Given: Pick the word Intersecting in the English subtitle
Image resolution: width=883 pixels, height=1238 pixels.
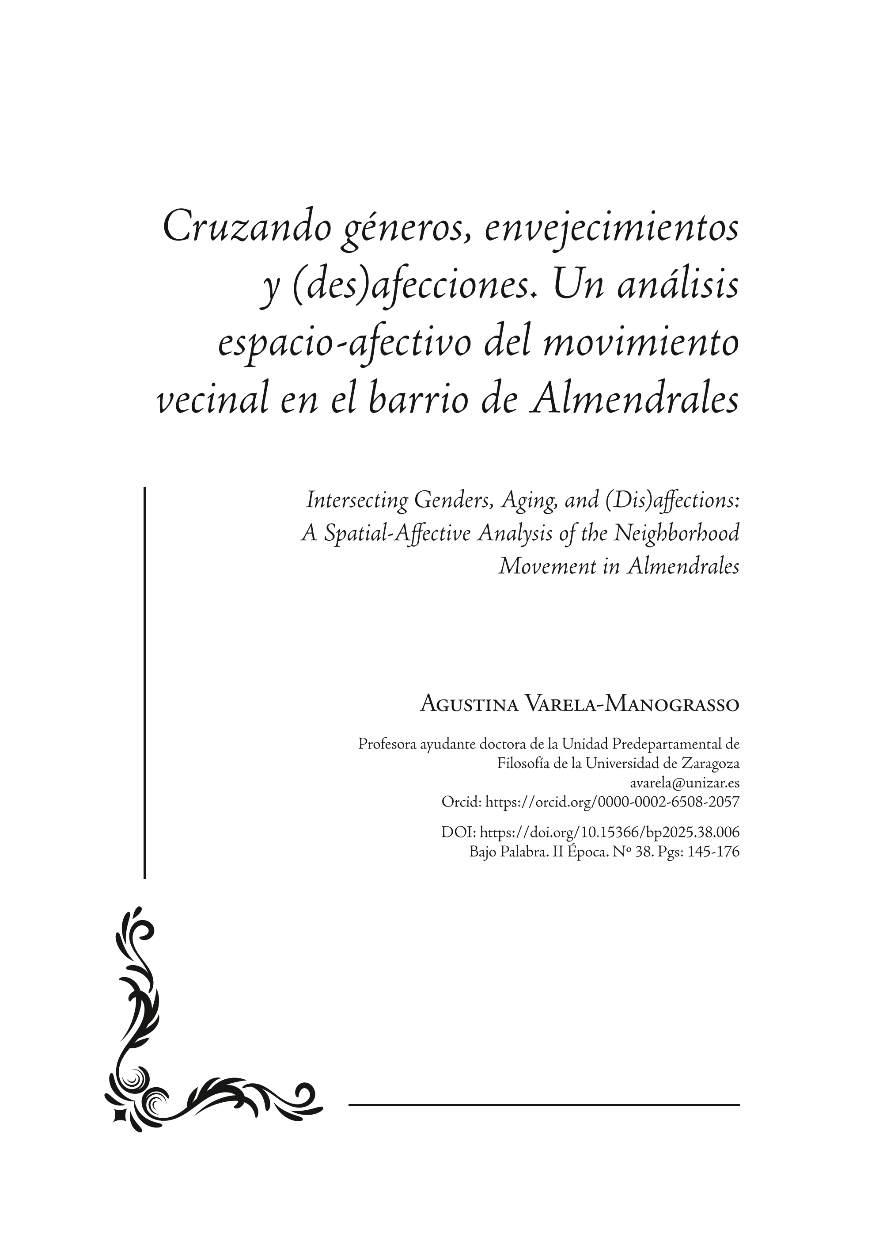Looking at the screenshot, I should [356, 500].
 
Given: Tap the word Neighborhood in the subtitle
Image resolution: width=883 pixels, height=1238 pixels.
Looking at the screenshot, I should [676, 533].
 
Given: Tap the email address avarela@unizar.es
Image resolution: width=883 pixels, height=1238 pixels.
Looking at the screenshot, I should [685, 783].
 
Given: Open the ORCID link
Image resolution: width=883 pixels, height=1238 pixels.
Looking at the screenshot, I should [612, 802].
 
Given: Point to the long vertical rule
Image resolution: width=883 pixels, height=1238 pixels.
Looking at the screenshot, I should [144, 680].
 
